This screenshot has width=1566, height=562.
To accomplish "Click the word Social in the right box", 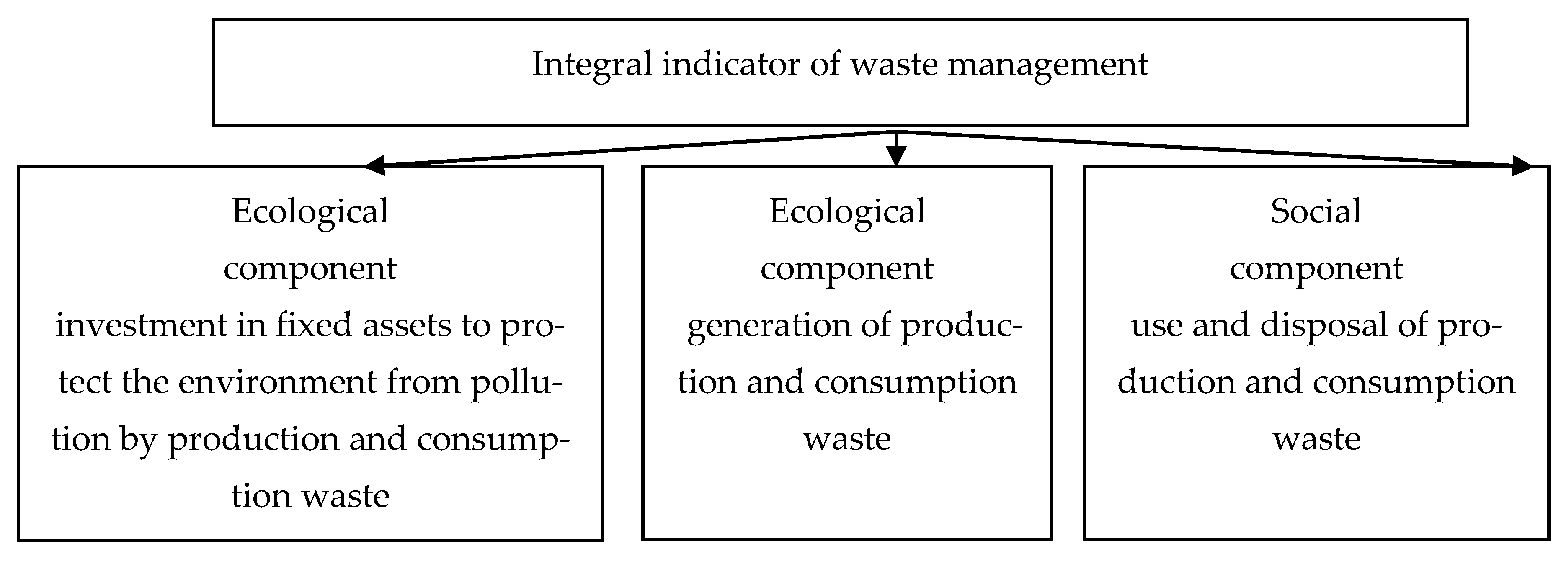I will click(x=1316, y=211).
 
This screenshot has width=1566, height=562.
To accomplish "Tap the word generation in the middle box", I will click(x=768, y=326).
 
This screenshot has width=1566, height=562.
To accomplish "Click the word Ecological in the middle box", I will click(x=847, y=212).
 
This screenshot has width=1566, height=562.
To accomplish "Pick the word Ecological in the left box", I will click(x=310, y=212).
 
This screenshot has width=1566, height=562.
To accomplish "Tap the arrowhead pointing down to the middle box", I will click(x=896, y=156).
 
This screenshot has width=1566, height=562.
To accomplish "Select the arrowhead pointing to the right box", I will click(x=1521, y=165).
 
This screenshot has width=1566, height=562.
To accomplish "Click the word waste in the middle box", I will click(x=847, y=438).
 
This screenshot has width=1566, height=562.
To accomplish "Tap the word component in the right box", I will click(x=1316, y=268).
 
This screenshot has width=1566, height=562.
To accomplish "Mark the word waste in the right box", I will click(x=1316, y=438).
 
